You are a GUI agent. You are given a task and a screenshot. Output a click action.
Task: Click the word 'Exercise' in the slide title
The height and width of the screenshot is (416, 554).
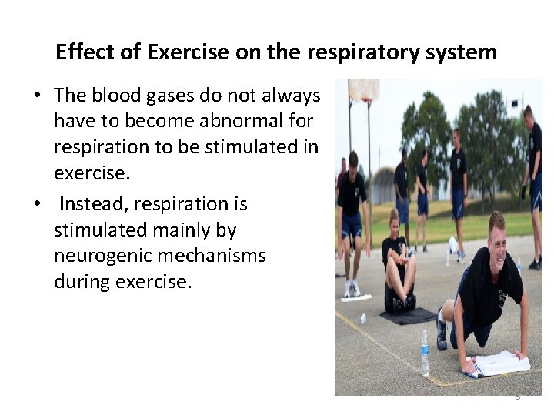point(188,52)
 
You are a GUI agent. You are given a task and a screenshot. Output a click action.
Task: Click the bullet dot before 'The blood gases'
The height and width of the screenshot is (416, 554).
point(37,96)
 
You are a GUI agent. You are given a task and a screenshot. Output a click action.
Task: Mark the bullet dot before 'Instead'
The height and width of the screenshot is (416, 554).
point(37,205)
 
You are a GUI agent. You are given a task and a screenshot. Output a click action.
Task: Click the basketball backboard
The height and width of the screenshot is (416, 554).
point(363,90)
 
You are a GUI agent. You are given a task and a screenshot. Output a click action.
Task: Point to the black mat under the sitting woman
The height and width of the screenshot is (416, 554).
point(408,315)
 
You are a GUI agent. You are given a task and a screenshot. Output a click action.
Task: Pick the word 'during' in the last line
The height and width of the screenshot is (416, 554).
point(82,282)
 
